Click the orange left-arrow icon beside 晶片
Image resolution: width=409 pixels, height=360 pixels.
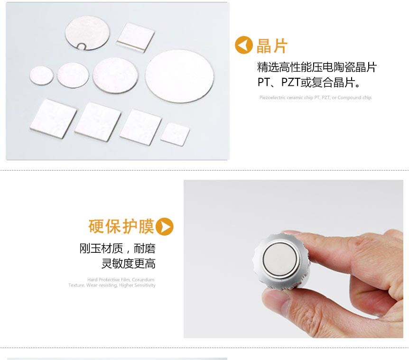pyautogui.click(x=244, y=46)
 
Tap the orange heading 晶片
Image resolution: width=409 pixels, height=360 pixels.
pyautogui.click(x=272, y=46)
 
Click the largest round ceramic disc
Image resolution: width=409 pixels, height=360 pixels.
pyautogui.click(x=179, y=76)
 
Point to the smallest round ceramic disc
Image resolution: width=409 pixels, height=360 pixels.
pyautogui.click(x=41, y=76)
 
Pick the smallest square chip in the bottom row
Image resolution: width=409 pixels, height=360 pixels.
pyautogui.click(x=175, y=134)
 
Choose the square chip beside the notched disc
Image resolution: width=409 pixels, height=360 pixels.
pyautogui.click(x=136, y=37)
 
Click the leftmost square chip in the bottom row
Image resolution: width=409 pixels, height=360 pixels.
pyautogui.click(x=53, y=118)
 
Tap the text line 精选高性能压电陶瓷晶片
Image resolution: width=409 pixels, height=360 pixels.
pyautogui.click(x=316, y=67)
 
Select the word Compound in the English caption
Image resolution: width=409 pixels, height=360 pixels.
pyautogui.click(x=350, y=98)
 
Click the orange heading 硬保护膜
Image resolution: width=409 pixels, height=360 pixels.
pyautogui.click(x=121, y=226)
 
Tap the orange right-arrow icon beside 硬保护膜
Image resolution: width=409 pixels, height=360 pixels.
pyautogui.click(x=165, y=227)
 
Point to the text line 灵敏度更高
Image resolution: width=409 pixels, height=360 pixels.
pyautogui.click(x=128, y=264)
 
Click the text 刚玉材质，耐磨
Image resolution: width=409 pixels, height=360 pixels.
pyautogui.click(x=117, y=249)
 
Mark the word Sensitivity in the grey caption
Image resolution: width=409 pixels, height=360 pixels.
pyautogui.click(x=145, y=285)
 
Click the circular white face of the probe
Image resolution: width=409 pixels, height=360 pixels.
pyautogui.click(x=279, y=260)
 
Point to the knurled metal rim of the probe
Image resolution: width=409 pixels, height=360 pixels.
pyautogui.click(x=259, y=256)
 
